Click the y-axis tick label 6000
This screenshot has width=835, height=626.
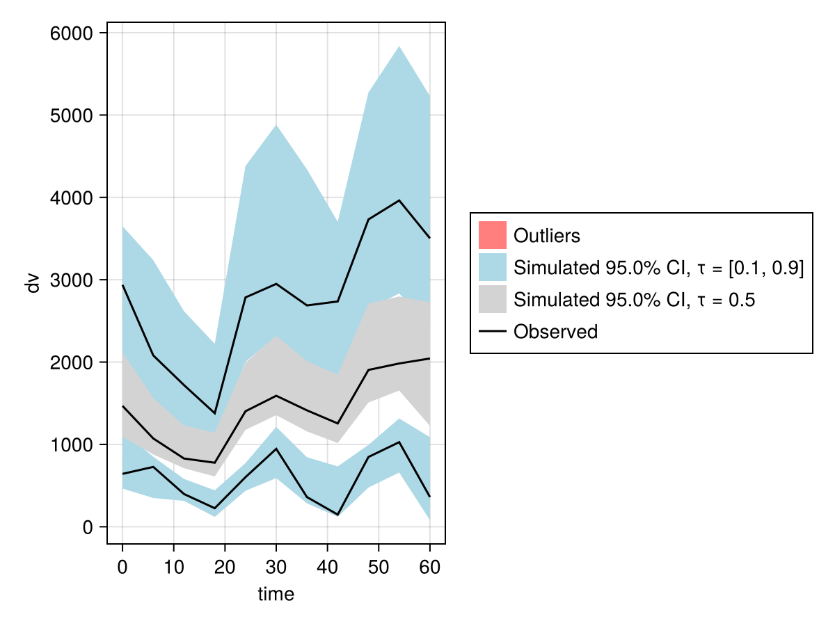click(72, 33)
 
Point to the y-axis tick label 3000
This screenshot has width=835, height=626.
click(72, 280)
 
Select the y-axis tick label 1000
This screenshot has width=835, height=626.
click(72, 444)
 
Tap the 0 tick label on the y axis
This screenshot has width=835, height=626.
click(88, 527)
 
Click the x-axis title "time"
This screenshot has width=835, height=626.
click(276, 594)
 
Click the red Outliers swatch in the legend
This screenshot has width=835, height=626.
click(492, 235)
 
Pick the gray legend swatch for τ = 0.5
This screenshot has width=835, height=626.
click(492, 300)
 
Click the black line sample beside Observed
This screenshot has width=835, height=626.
click(492, 332)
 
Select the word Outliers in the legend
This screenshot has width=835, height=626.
click(546, 236)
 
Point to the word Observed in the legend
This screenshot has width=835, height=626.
click(555, 332)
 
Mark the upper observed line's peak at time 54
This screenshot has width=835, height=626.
click(399, 200)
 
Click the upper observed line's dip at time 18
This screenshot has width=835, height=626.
click(214, 414)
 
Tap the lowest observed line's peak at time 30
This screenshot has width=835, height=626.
click(276, 449)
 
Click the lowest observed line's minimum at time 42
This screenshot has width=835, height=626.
click(337, 515)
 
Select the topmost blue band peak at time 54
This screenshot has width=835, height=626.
click(399, 47)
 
